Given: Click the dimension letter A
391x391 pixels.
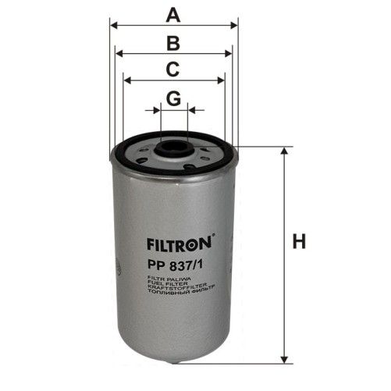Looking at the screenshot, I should coord(174,13).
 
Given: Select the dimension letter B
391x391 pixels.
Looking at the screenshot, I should coord(174,42).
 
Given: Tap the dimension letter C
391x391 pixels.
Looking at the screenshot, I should coord(174,69).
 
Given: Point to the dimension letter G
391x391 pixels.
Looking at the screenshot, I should coord(174,98).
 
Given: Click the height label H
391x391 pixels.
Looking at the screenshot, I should coord(299,242).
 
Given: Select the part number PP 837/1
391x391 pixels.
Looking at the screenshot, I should coord(172,263).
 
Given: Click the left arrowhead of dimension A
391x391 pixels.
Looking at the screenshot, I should coord(114,25).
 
